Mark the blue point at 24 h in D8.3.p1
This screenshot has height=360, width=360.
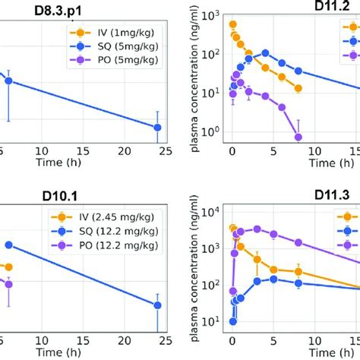click(x=157, y=128)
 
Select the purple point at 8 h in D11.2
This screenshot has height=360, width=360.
click(x=298, y=137)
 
